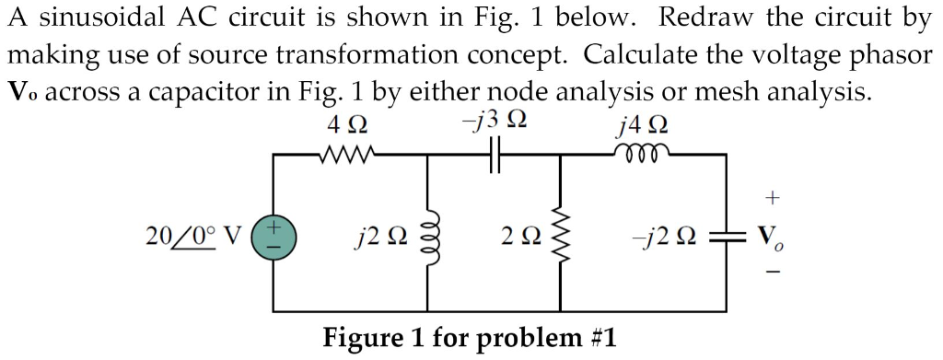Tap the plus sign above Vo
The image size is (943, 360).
tap(772, 196)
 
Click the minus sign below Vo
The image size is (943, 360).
tap(772, 273)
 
